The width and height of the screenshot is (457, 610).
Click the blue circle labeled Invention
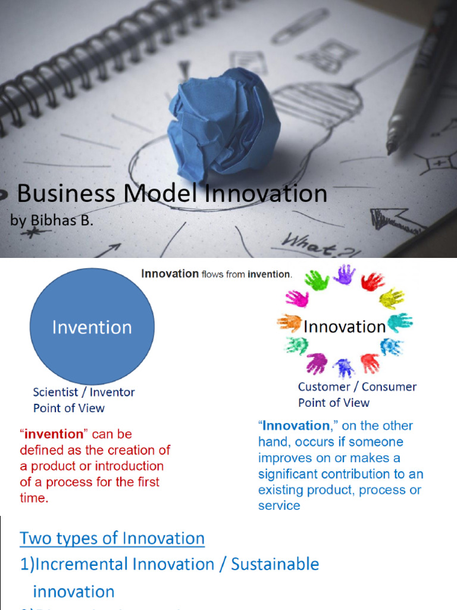click(x=92, y=326)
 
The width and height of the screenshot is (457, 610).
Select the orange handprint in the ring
click(x=289, y=323)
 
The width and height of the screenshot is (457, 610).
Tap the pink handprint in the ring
click(x=297, y=298)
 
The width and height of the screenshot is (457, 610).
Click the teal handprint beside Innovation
click(x=400, y=322)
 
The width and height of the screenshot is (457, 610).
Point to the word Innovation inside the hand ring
click(x=345, y=326)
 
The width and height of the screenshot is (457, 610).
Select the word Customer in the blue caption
click(x=324, y=387)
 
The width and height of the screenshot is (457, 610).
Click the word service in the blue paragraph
click(x=278, y=505)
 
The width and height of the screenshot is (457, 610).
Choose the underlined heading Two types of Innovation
click(x=112, y=539)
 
